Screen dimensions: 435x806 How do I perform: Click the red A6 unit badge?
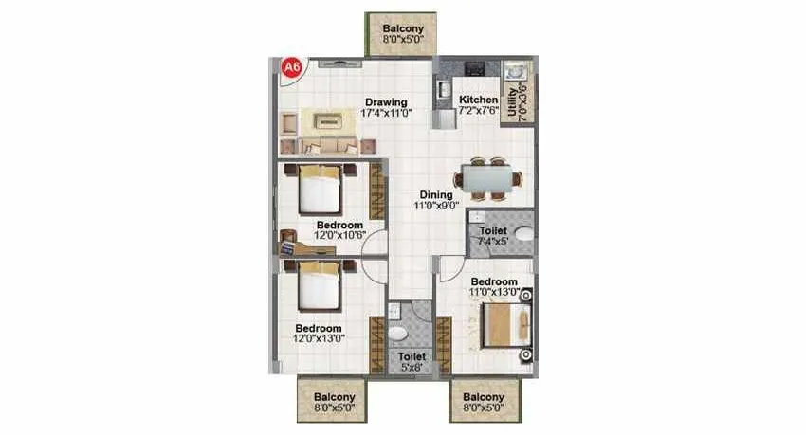click(x=292, y=68)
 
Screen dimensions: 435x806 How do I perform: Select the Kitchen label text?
click(x=478, y=100)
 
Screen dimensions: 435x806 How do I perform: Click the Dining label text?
click(x=436, y=195)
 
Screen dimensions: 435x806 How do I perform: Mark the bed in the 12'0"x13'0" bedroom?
click(x=319, y=287)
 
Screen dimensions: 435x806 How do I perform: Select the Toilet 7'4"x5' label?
click(x=492, y=235)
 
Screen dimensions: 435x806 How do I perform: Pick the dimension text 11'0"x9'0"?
click(x=436, y=205)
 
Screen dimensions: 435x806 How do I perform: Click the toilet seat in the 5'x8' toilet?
click(x=400, y=333)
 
